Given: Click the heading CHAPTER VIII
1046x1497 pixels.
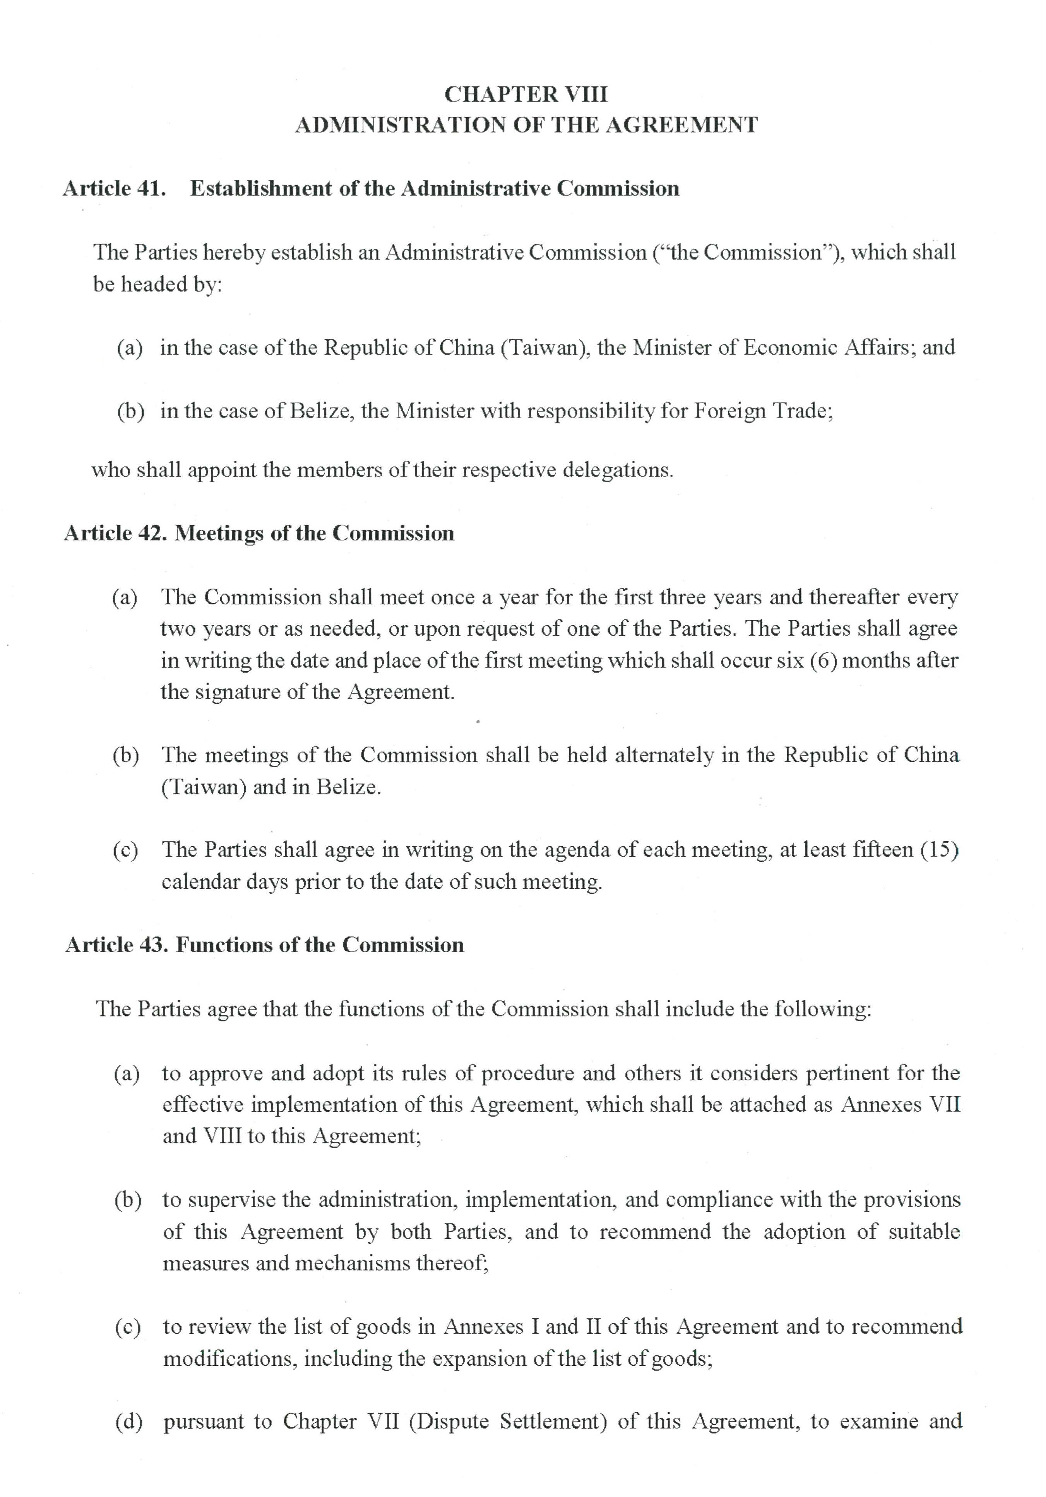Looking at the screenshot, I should [x=526, y=94].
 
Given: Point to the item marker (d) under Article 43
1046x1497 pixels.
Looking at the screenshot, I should [x=128, y=1422].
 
